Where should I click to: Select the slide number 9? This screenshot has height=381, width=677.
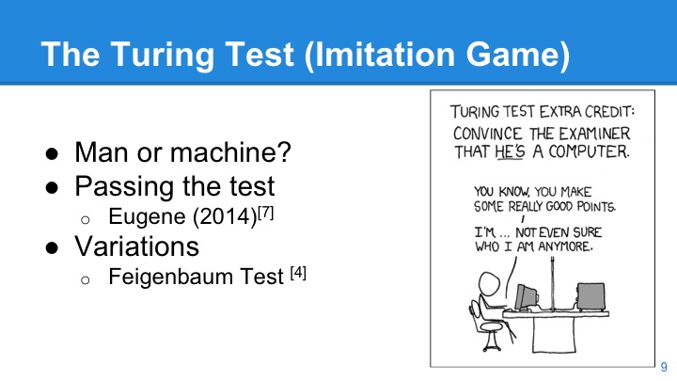click(x=664, y=366)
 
